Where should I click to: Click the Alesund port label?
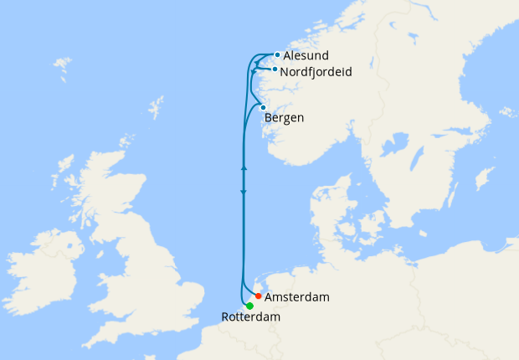pyautogui.click(x=305, y=55)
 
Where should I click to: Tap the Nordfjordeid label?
pyautogui.click(x=316, y=72)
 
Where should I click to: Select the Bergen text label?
pyautogui.click(x=284, y=118)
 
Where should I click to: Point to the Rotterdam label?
pyautogui.click(x=250, y=317)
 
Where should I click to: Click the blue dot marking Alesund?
pyautogui.click(x=277, y=54)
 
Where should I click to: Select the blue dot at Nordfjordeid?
pyautogui.click(x=275, y=69)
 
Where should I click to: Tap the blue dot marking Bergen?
pyautogui.click(x=263, y=107)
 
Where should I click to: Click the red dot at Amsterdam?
pyautogui.click(x=259, y=296)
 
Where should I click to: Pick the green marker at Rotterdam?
pyautogui.click(x=249, y=306)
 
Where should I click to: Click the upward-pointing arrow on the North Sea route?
pyautogui.click(x=244, y=168)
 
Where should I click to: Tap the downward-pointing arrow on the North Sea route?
pyautogui.click(x=244, y=193)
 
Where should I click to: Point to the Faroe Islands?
pyautogui.click(x=61, y=64)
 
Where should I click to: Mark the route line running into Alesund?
pyautogui.click(x=259, y=56)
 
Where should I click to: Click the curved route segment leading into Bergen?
pyautogui.click(x=252, y=114)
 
